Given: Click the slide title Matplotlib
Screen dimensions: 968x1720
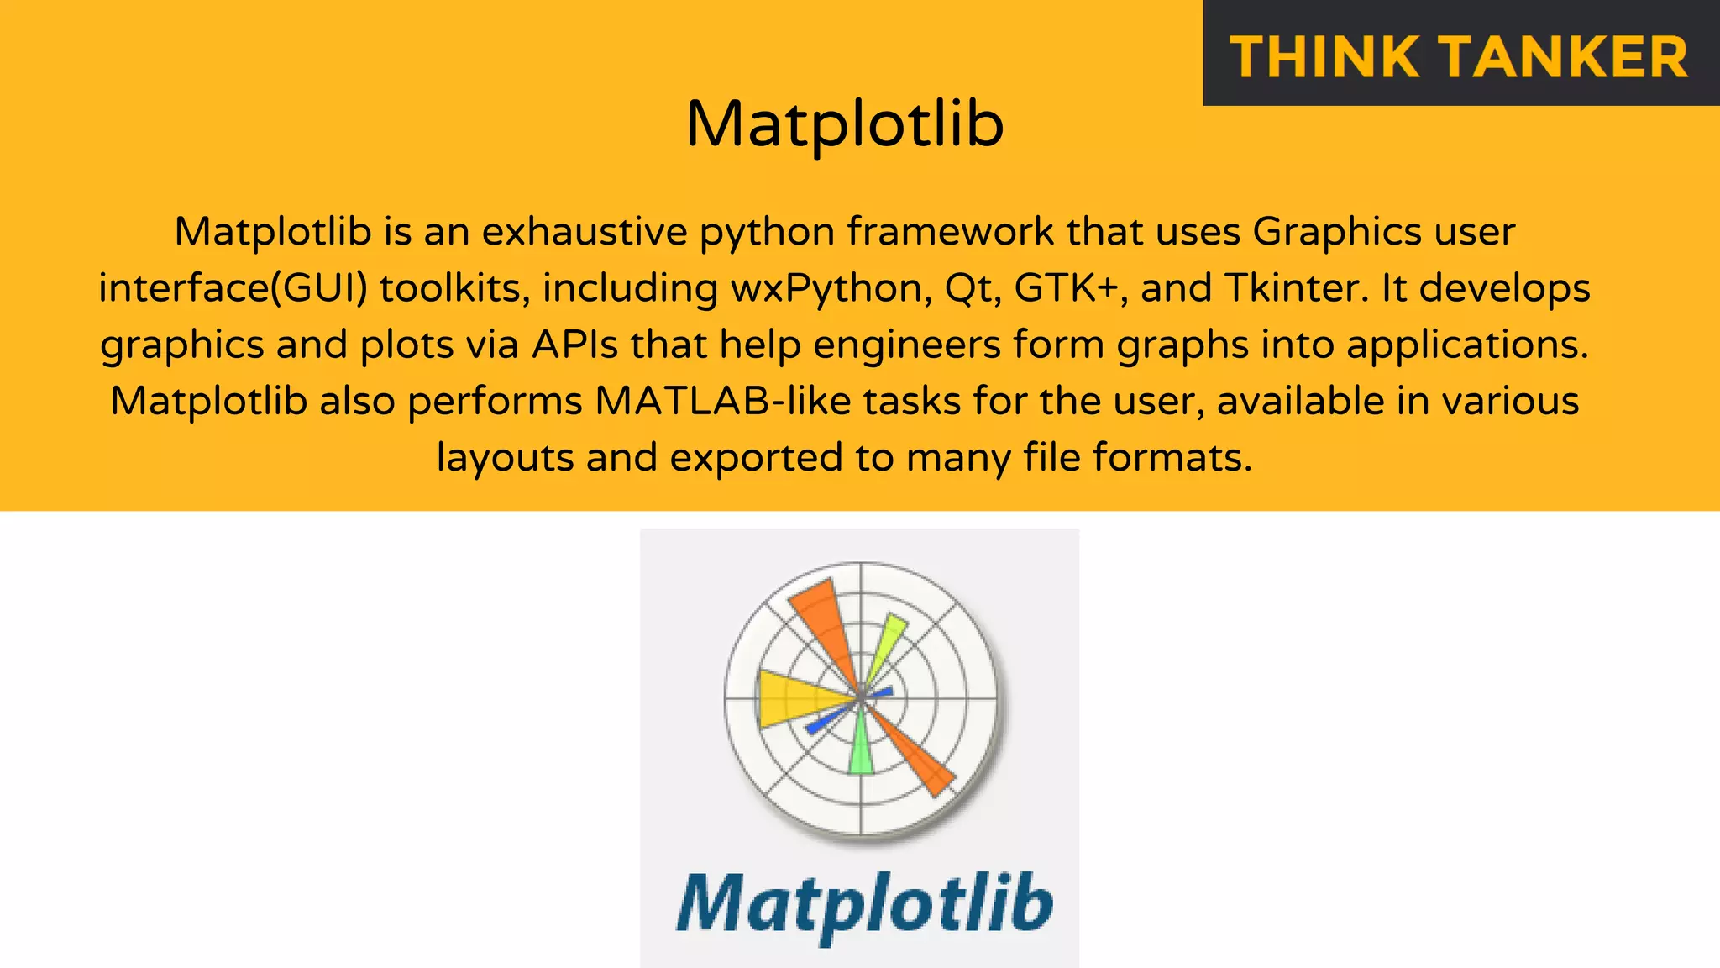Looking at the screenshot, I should [x=844, y=124].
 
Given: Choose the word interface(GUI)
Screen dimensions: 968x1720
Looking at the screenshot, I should [x=233, y=289].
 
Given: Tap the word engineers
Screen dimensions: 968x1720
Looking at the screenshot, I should [x=907, y=345].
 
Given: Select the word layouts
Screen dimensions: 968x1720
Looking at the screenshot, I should [x=506, y=458].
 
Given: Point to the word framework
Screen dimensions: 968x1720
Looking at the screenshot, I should [x=950, y=232].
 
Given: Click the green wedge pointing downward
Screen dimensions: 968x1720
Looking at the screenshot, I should [x=861, y=748].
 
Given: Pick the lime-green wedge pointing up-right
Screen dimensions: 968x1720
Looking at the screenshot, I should [x=887, y=643].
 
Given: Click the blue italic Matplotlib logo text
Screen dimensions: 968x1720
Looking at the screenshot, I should [x=864, y=904].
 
